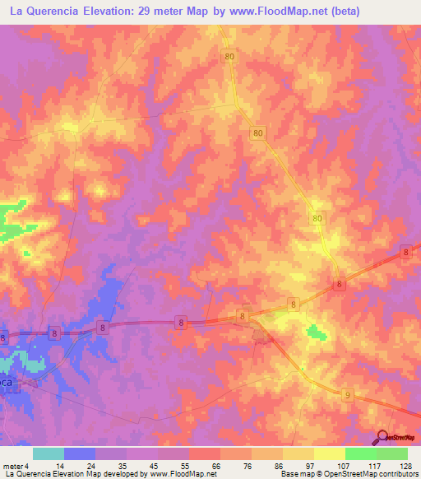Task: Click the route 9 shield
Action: click(x=347, y=395)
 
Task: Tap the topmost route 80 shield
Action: click(x=229, y=56)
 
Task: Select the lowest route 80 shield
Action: click(x=318, y=218)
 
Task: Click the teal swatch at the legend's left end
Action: click(x=49, y=453)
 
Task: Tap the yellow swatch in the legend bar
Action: click(x=298, y=453)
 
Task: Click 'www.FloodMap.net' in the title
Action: click(x=261, y=12)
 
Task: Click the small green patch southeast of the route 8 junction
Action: click(x=314, y=332)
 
